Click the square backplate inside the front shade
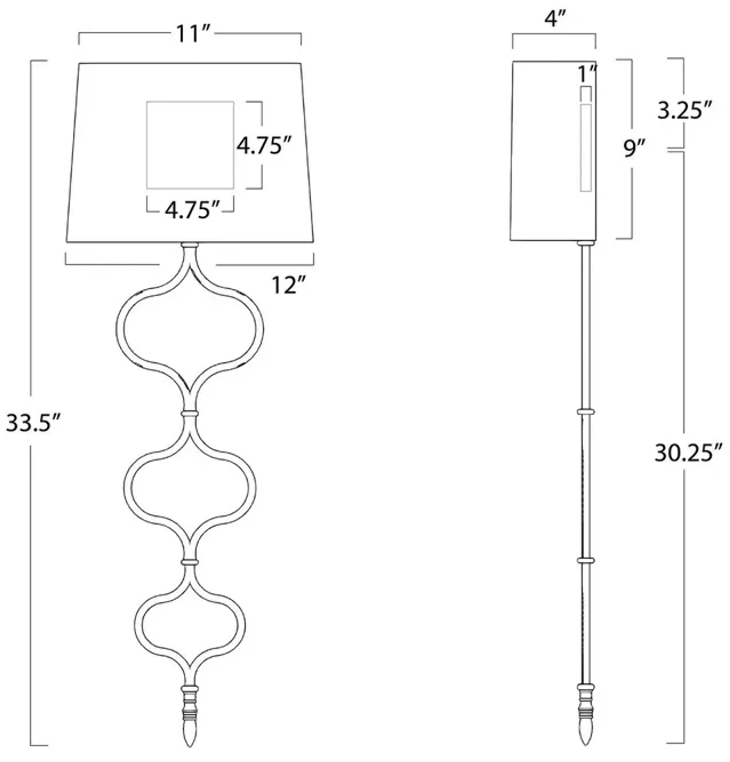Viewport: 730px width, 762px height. pos(190,145)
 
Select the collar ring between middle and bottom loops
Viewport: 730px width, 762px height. pos(190,562)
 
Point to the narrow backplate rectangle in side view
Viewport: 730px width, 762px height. pos(586,148)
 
